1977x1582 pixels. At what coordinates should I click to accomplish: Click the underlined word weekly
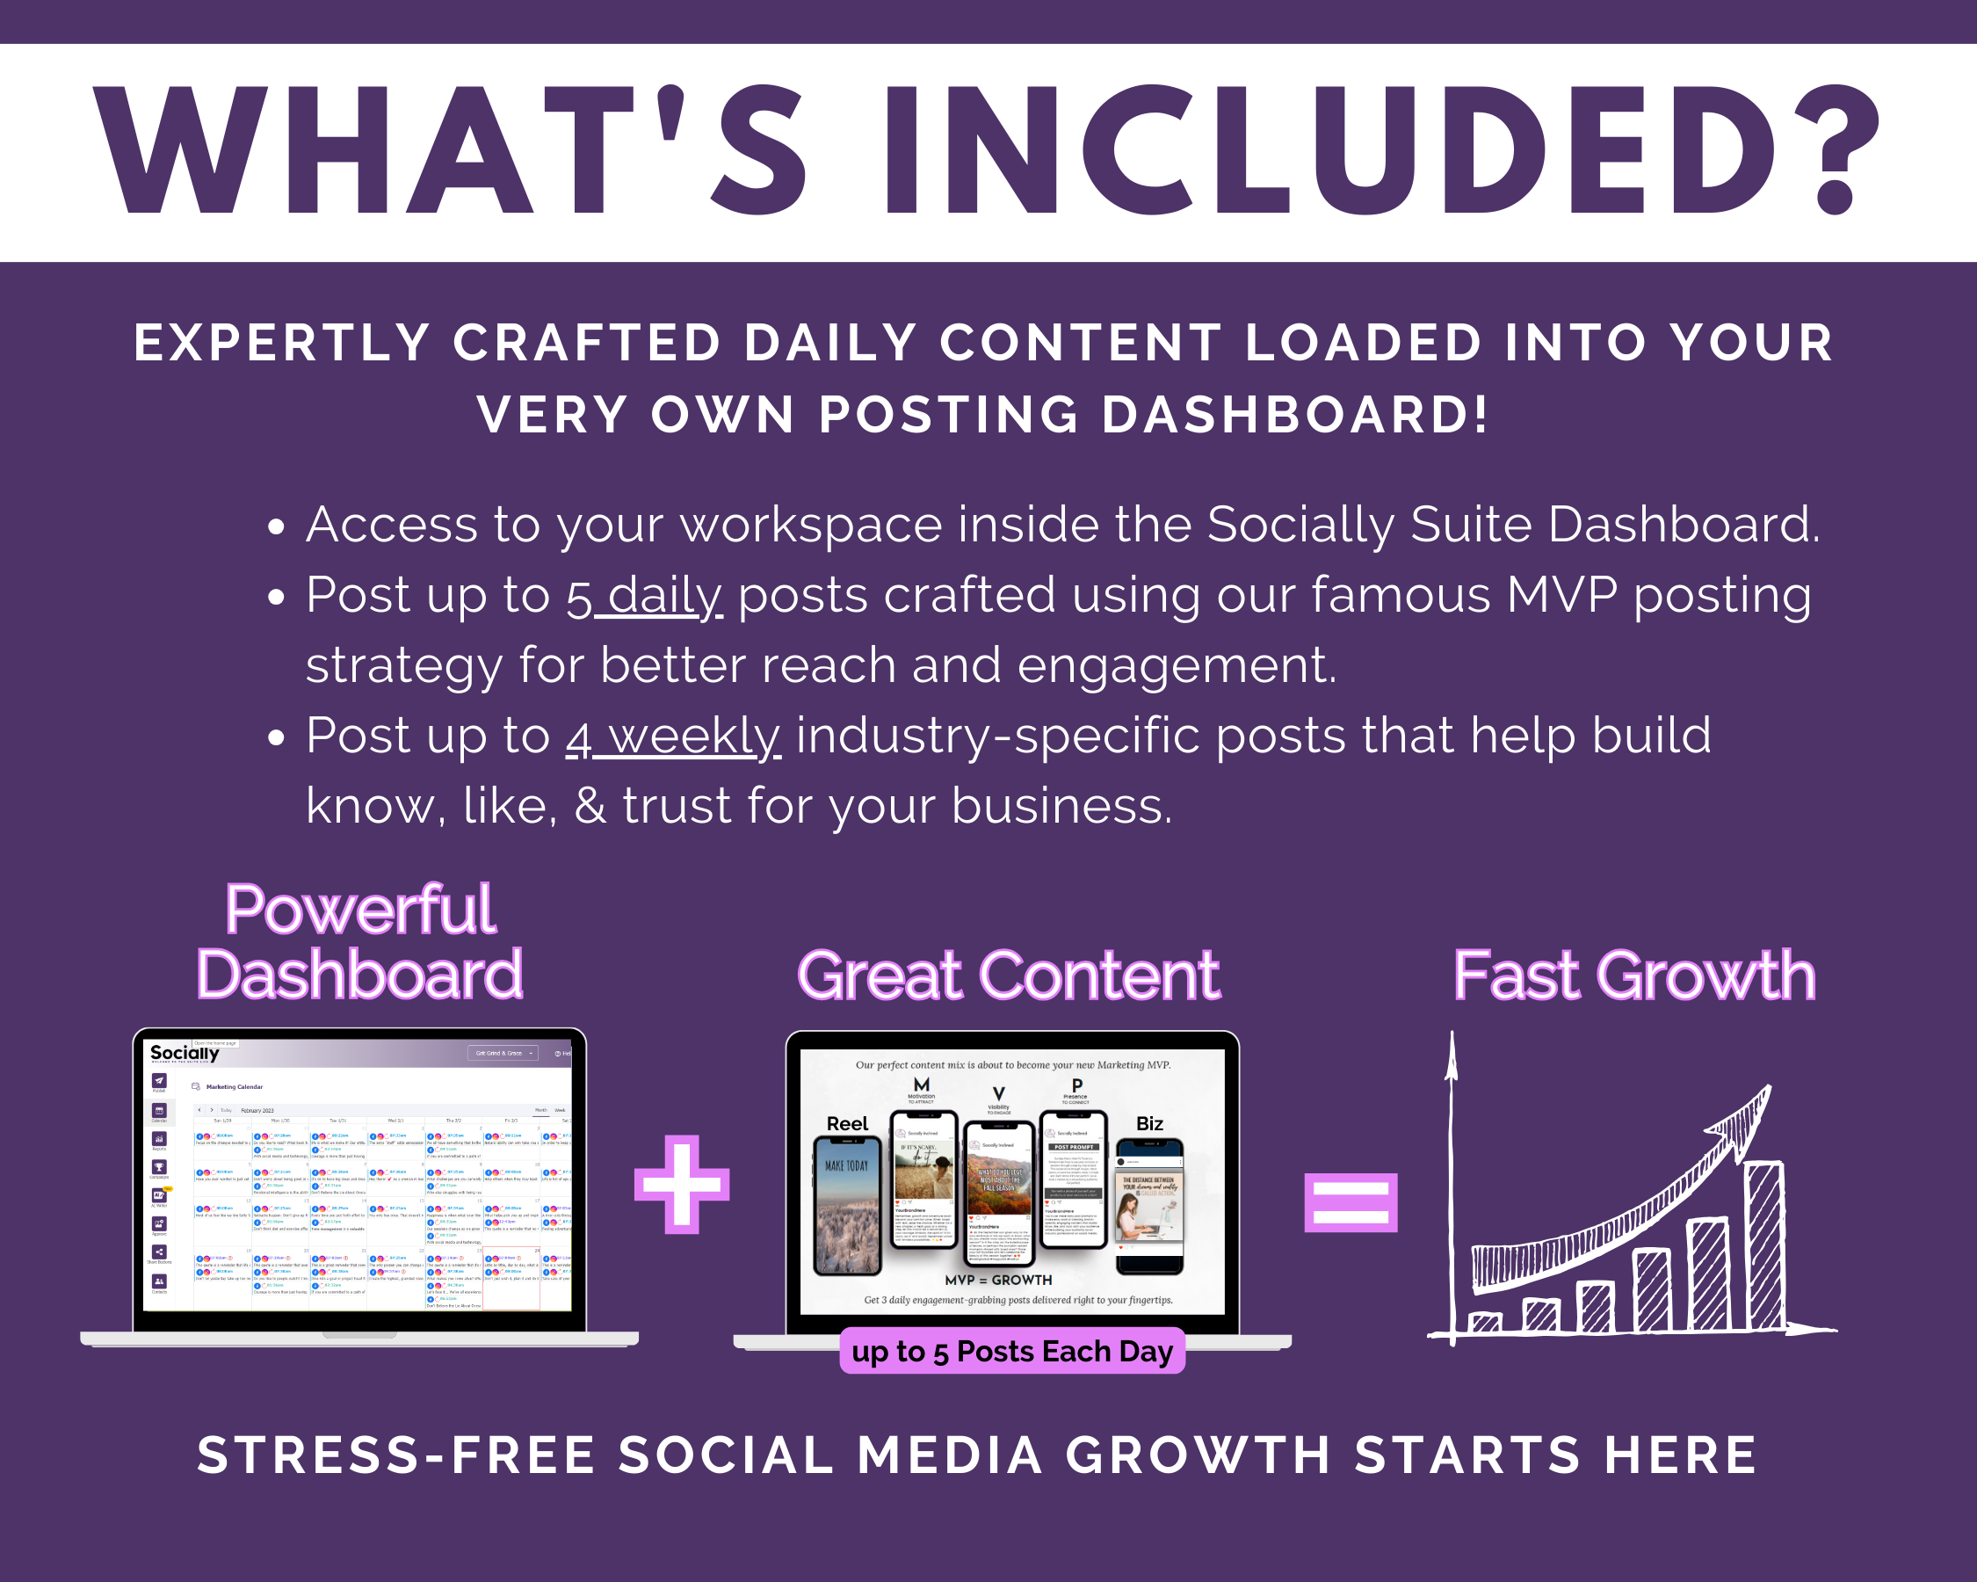(694, 736)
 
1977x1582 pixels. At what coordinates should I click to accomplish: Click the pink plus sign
(681, 1184)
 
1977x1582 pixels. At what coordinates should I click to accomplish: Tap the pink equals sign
(1350, 1201)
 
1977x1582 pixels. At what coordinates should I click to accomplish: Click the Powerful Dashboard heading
(359, 942)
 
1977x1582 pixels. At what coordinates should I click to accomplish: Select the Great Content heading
(1008, 975)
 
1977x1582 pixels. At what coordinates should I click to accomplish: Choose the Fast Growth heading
(1633, 975)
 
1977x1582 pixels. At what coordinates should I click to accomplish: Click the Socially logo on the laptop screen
(185, 1053)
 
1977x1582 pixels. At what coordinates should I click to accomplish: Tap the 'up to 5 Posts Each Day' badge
(1011, 1351)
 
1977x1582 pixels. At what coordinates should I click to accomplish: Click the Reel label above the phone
(846, 1123)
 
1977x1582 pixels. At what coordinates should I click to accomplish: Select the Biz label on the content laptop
(1149, 1123)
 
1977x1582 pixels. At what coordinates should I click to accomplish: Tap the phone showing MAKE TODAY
(847, 1205)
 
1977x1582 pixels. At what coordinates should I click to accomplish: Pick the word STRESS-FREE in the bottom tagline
(396, 1455)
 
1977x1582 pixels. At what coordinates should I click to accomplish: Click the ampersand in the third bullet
(590, 806)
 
